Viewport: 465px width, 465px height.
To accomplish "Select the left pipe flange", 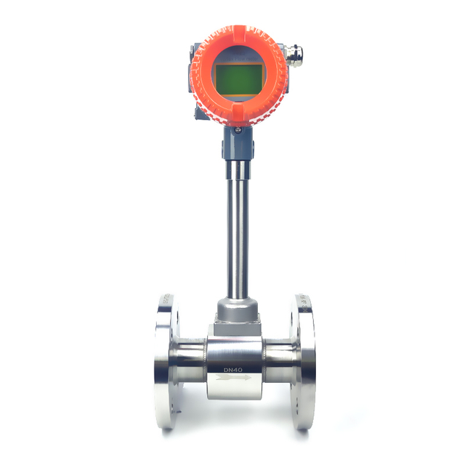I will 165,363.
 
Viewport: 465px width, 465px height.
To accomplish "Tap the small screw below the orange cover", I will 237,130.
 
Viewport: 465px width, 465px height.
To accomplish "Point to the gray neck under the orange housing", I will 237,145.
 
